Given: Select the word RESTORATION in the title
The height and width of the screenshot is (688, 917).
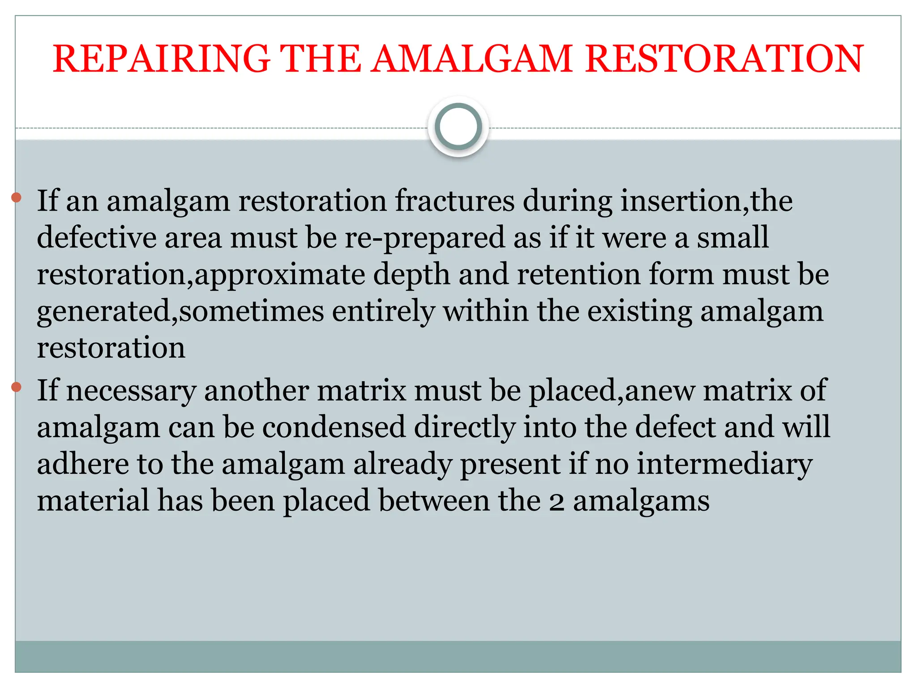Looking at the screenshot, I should point(724,59).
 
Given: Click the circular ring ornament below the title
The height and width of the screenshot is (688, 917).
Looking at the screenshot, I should point(458,127).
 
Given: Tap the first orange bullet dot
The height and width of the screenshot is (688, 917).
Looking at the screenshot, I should point(17,197).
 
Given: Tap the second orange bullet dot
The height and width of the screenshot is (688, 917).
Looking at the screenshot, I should point(17,387).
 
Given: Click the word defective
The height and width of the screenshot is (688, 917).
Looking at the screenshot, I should point(96,238).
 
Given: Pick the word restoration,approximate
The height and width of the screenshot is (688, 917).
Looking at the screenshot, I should point(201,275).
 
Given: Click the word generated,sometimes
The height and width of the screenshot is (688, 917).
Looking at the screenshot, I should point(180,312).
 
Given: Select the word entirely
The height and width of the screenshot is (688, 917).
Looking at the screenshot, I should point(383,312).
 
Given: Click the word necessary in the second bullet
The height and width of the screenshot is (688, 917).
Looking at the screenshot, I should point(131,391).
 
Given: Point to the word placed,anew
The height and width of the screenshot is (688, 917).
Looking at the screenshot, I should point(611,391).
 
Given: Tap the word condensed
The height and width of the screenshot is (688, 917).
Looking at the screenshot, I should point(334,427).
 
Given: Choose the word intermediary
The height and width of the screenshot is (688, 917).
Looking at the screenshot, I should point(724,464).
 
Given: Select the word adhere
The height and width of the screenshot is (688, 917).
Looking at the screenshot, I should point(83,464).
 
